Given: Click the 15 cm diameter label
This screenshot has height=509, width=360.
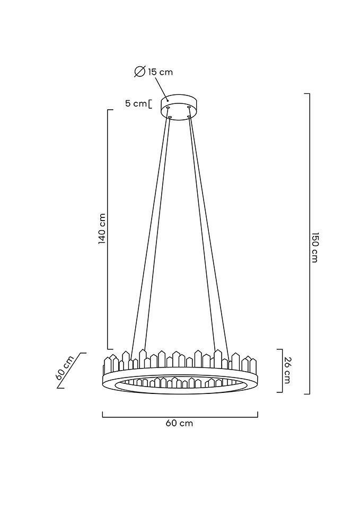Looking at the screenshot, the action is click(160, 72).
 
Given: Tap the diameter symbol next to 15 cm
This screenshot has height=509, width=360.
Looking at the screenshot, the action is click(139, 72).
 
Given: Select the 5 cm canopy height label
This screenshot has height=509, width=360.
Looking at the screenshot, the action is click(136, 103).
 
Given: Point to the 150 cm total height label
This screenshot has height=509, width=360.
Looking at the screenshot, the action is click(314, 247).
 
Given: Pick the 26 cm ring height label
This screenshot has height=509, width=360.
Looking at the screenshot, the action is click(287, 370).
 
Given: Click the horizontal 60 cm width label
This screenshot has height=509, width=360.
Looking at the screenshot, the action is click(179, 423).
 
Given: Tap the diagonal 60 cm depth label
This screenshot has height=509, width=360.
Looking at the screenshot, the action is click(65, 368).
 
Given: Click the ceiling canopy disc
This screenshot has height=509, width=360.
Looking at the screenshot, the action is click(180, 107).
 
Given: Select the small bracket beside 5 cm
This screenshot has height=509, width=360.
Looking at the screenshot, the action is click(150, 104).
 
